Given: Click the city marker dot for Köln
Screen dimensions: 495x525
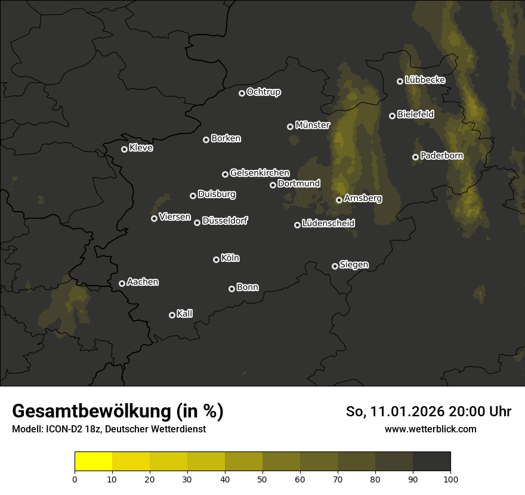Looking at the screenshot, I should point(216,259).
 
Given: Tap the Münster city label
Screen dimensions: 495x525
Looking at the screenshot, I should point(312,125).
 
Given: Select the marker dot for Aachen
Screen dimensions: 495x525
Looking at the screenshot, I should point(122,283).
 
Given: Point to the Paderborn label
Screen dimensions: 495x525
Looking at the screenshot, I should point(441,156).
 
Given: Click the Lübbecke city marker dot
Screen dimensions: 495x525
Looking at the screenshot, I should point(400,81).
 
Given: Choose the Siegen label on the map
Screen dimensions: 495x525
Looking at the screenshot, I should point(354,265).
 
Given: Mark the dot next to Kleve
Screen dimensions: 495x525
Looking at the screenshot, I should point(124,149).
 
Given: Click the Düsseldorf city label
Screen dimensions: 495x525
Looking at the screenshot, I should point(225,221).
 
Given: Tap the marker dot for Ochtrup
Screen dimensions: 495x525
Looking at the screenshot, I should point(242,93).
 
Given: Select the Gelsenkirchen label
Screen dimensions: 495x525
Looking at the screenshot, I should point(260,173).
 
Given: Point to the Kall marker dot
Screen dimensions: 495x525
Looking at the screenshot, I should point(172,315).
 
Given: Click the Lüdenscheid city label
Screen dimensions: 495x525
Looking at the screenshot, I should point(328,224).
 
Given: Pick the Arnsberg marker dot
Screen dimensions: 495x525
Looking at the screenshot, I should point(339,200).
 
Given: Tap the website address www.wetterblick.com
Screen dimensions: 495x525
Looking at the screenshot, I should point(430,429).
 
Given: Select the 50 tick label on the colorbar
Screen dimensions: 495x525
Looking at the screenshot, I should point(262,478).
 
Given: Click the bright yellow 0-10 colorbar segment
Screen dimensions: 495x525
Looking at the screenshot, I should point(93,462).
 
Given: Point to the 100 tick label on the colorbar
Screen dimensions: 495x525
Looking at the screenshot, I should point(450,478).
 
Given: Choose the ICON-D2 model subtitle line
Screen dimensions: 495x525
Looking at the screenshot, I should point(109,429).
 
